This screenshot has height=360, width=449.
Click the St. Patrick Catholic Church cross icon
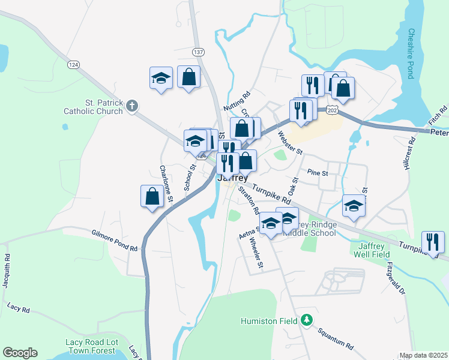pos(133,106)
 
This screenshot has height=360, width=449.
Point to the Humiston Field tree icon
pos(307,320)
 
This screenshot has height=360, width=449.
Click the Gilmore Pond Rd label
pos(115,241)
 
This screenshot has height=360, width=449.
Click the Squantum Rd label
pos(336,339)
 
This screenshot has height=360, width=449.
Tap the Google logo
pos(20,353)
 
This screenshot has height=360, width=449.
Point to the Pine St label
pos(317,173)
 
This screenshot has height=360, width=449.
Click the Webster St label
pos(291,143)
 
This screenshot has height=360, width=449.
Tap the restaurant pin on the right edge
pos(433,242)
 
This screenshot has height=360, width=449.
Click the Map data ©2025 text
pos(423,355)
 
